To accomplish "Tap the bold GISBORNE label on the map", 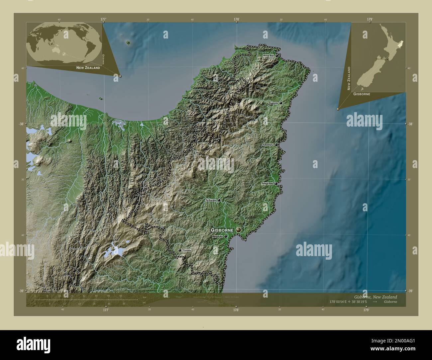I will coord(223,230).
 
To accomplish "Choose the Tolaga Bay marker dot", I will coord(276,183).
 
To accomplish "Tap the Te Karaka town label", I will coord(211,200).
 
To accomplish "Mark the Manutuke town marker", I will coord(226,236).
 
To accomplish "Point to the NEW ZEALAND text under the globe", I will coord(88,68).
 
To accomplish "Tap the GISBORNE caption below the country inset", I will coord(362,94).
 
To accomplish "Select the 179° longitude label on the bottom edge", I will coord(366,310).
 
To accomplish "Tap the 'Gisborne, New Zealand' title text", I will coord(375,297).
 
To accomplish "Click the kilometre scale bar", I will coord(86,299).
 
